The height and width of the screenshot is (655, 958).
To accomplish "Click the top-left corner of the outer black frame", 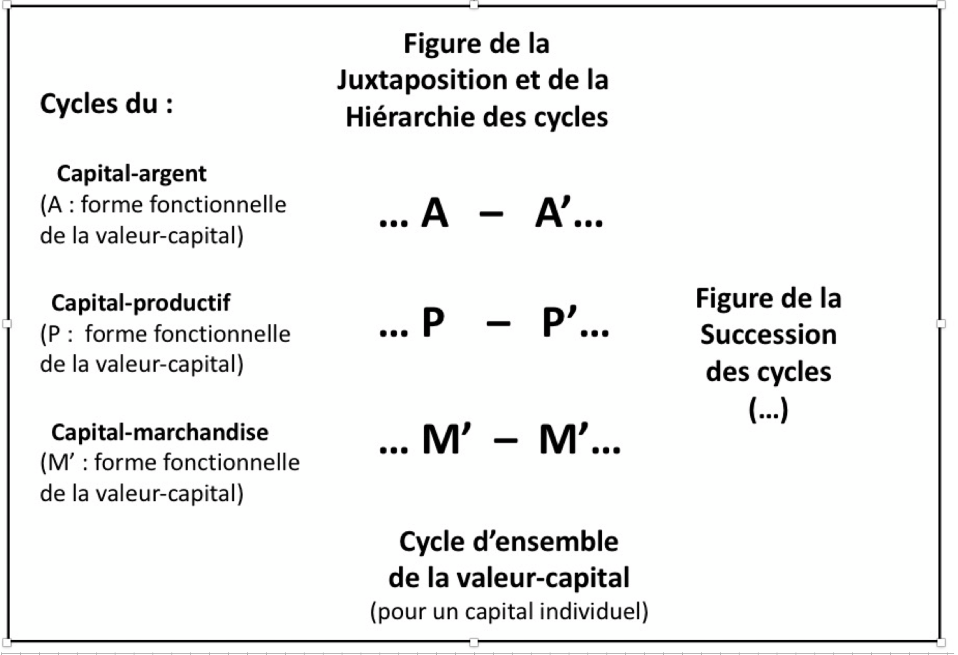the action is tap(8, 6).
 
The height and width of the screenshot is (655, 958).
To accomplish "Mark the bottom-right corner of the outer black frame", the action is tap(940, 641).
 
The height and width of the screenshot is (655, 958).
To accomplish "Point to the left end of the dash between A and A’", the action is tap(479, 214).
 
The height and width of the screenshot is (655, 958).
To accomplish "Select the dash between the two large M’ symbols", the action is tap(506, 441).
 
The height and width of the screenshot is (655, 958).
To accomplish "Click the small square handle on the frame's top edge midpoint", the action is tap(474, 5).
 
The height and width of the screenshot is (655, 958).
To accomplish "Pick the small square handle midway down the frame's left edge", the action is tap(7, 323).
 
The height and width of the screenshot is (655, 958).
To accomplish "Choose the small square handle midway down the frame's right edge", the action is tap(941, 324).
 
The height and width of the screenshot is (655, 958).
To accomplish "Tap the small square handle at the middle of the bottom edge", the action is tap(474, 642).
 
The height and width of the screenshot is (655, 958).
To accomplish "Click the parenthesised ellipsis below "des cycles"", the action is tap(768, 409).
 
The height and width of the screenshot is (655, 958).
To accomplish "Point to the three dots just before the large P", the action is tap(393, 334).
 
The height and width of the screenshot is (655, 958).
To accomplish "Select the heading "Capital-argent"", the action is tap(132, 174).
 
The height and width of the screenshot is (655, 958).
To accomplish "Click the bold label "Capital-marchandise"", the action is tap(160, 432).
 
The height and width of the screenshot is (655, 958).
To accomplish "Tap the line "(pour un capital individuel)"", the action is tap(509, 611).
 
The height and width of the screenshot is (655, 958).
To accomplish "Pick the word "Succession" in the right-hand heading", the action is tap(769, 335).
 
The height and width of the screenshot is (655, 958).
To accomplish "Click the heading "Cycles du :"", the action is tap(107, 105).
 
